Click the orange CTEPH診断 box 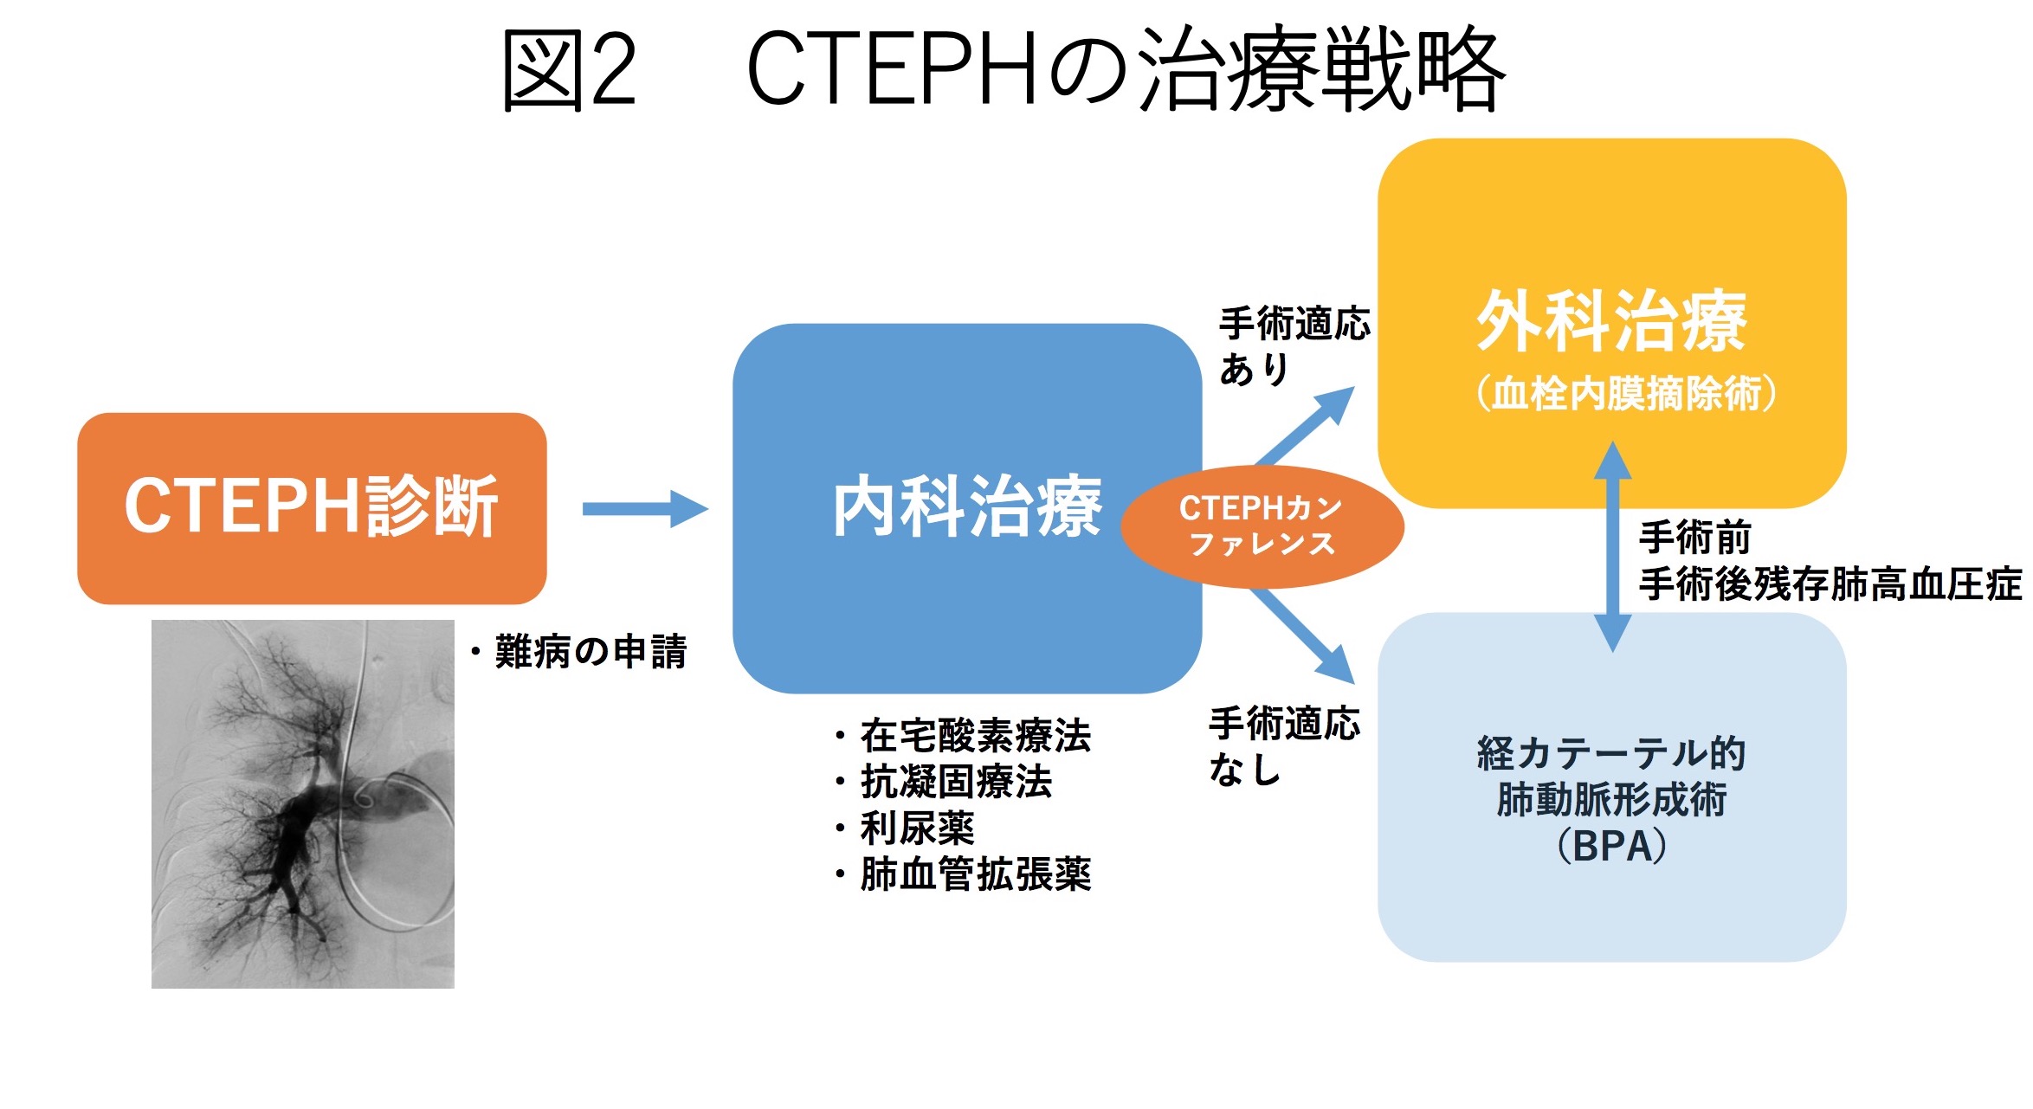tap(312, 507)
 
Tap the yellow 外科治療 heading tap(1611, 321)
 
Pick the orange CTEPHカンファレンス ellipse tap(1262, 525)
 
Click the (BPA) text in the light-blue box tap(1611, 846)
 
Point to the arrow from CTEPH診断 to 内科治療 tap(645, 509)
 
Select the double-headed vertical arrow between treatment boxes tap(1612, 545)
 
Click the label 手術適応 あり tap(1294, 345)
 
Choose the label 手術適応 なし tap(1284, 745)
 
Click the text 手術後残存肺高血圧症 tap(1830, 584)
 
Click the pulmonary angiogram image tap(303, 803)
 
